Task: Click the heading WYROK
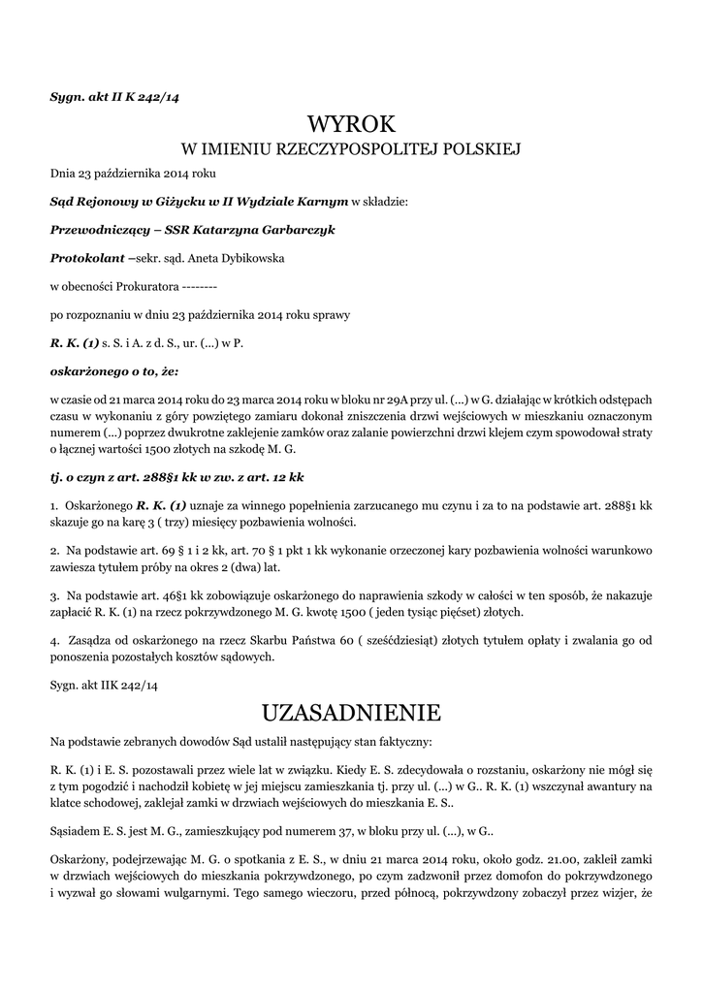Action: pos(351,124)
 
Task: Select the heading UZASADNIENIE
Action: pos(351,713)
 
